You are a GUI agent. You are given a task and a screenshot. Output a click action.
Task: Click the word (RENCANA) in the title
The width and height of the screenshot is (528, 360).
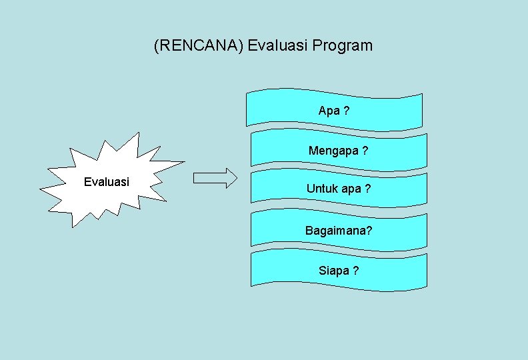pyautogui.click(x=199, y=46)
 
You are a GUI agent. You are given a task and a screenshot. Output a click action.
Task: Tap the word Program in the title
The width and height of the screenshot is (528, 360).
pyautogui.click(x=343, y=46)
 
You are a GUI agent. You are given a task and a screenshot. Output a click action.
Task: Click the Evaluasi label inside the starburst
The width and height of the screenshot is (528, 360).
pyautogui.click(x=107, y=182)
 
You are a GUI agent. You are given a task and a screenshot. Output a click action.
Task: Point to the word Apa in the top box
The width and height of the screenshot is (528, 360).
pyautogui.click(x=329, y=111)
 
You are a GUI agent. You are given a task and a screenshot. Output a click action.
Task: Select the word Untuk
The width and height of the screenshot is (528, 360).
pyautogui.click(x=322, y=189)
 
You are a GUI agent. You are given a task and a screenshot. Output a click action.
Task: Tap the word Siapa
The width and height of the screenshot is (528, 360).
pyautogui.click(x=334, y=271)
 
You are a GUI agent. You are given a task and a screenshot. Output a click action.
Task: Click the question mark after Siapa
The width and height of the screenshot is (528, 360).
pyautogui.click(x=357, y=271)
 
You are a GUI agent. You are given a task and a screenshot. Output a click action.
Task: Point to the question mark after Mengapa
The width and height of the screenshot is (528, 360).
pyautogui.click(x=365, y=151)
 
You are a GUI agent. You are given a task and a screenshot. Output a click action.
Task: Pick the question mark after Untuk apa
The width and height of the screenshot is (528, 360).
pyautogui.click(x=367, y=189)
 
